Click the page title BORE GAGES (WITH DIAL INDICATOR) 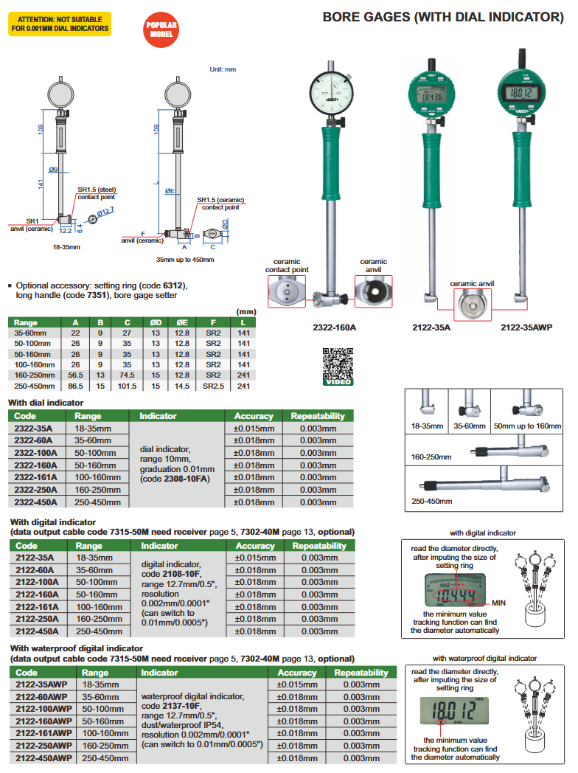click(x=442, y=16)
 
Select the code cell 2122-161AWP click(x=43, y=733)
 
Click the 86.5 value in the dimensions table click(x=74, y=386)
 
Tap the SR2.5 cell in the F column click(x=213, y=386)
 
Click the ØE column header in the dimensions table click(x=182, y=323)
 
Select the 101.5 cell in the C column click(x=127, y=386)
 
